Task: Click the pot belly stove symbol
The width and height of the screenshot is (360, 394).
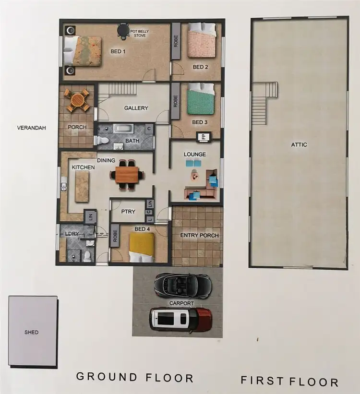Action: click(x=123, y=31)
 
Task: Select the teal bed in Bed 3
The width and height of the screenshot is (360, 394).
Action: click(x=201, y=99)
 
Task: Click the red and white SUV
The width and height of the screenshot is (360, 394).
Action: click(x=181, y=319)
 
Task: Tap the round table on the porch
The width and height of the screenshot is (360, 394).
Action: click(x=77, y=99)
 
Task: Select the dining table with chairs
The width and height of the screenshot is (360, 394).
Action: click(x=127, y=174)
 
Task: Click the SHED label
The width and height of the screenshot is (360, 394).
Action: click(x=32, y=332)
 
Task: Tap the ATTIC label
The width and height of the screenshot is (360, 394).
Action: click(x=299, y=144)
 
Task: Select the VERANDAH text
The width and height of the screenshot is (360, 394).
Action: click(x=32, y=128)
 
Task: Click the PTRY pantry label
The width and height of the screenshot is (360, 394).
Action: click(x=127, y=212)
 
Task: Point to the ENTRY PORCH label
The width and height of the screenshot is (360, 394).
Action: click(x=199, y=235)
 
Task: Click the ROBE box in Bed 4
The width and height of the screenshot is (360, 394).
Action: click(x=115, y=236)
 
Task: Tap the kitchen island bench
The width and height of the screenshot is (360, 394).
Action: click(x=82, y=185)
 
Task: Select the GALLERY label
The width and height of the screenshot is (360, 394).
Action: click(x=136, y=108)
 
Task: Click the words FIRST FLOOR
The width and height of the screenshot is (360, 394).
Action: click(x=289, y=382)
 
